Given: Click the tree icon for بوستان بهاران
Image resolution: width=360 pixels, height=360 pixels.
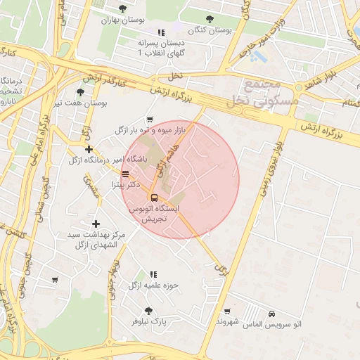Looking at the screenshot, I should pyautogui.click(x=123, y=8).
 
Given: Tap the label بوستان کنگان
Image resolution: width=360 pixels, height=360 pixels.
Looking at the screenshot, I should pyautogui.click(x=210, y=31).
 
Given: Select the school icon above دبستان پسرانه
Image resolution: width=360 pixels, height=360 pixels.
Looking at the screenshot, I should pyautogui.click(x=161, y=32).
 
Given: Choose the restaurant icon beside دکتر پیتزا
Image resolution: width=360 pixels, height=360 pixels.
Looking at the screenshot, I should pyautogui.click(x=125, y=174).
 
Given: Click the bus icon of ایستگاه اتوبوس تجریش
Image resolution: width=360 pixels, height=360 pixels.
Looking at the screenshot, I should pyautogui.click(x=154, y=198).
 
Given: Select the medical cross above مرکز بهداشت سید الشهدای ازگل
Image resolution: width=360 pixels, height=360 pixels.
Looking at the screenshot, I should pyautogui.click(x=96, y=223).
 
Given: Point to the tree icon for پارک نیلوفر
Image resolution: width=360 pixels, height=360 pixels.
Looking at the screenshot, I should pyautogui.click(x=148, y=310).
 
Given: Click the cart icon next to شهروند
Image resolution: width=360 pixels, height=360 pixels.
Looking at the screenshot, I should pyautogui.click(x=226, y=311).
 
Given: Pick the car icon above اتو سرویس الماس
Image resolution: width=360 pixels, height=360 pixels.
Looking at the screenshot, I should pyautogui.click(x=271, y=313).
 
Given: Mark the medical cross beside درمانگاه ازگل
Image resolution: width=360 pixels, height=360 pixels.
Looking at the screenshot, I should pyautogui.click(x=89, y=149).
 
